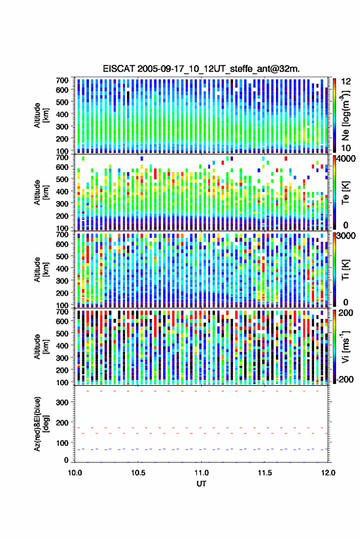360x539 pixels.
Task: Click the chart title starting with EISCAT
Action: pos(201,69)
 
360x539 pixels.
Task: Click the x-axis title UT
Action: pos(202,484)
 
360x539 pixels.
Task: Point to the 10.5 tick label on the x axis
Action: pos(138,473)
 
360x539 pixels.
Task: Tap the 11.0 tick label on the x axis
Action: pos(202,473)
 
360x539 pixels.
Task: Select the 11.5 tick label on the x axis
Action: pos(265,473)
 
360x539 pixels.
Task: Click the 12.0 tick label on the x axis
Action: pos(328,473)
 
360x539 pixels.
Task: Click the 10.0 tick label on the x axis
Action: pos(75,473)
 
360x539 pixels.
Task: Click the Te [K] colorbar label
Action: pos(345,193)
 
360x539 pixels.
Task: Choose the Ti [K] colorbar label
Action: pos(345,270)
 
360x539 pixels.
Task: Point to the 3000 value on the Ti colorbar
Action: pos(347,237)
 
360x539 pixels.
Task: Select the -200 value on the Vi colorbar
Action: pos(345,379)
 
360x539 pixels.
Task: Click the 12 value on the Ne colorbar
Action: pos(347,82)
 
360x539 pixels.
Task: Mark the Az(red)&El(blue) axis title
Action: pos(41,424)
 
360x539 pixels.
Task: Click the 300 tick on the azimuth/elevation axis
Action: pos(62,402)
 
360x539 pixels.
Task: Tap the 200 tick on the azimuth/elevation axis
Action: pos(62,423)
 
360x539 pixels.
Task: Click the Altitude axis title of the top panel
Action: pos(41,115)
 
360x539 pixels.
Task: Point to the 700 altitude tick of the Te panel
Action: pos(62,158)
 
